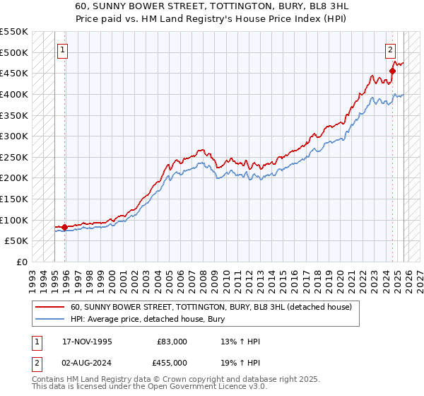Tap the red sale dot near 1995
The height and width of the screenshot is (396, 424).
[65, 227]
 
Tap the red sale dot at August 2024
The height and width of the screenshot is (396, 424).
[393, 71]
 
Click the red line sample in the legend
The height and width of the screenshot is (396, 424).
[50, 307]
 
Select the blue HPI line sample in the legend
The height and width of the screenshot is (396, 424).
[50, 320]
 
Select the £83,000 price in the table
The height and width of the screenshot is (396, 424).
[172, 342]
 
